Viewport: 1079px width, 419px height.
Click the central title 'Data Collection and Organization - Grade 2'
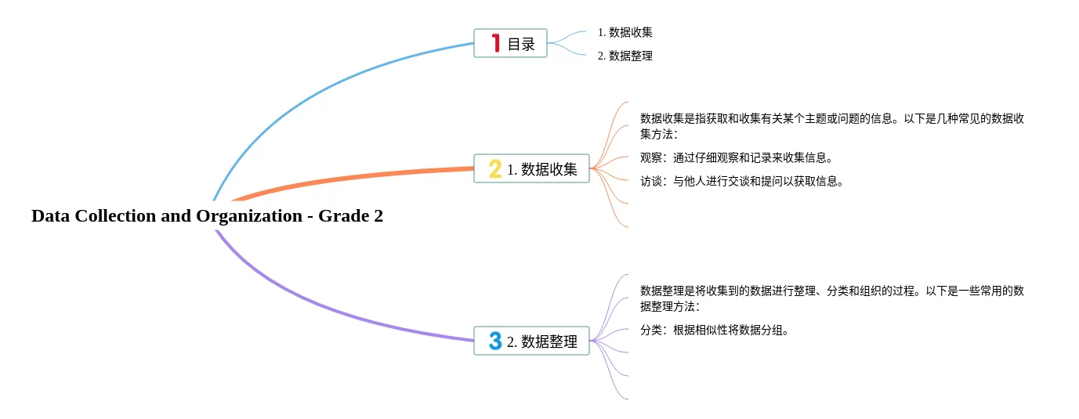pos(207,216)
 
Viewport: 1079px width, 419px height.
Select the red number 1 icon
pos(495,43)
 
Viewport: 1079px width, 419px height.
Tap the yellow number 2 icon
pos(495,168)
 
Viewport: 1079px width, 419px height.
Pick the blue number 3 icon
pos(495,341)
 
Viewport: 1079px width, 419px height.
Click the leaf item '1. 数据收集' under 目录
pos(625,32)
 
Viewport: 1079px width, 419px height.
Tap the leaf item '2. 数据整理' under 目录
pos(625,56)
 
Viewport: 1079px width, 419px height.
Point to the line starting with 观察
pos(736,157)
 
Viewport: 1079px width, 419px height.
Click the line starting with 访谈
pos(741,181)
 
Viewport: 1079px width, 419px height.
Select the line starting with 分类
pos(714,330)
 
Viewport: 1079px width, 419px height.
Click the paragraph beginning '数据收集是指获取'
pos(831,126)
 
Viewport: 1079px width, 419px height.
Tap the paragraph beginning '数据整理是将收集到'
pos(831,298)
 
